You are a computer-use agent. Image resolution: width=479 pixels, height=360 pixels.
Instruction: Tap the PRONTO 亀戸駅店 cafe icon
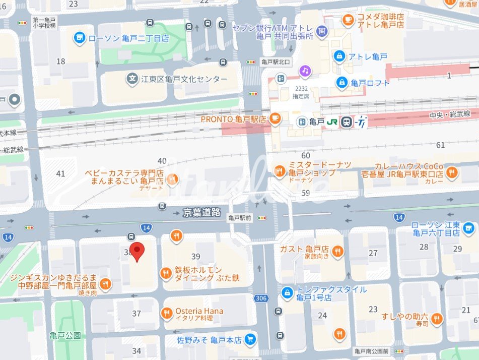coord(275,118)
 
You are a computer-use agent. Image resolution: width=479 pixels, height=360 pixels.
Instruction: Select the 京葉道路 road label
coord(202,213)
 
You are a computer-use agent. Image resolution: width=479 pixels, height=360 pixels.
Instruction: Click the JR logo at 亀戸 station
coord(332,122)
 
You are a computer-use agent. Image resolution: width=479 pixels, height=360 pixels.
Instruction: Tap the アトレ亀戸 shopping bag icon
coord(339,55)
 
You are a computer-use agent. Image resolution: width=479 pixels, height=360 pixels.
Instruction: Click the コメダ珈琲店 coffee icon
coord(348,20)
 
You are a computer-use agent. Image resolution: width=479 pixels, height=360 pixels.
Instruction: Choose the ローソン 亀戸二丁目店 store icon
coord(79,37)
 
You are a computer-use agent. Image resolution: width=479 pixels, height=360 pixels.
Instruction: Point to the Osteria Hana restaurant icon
coord(167,314)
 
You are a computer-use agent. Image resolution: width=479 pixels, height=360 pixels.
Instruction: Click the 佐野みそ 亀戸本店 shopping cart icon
coord(249,340)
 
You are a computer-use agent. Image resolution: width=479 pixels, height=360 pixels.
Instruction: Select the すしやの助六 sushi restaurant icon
coord(436,318)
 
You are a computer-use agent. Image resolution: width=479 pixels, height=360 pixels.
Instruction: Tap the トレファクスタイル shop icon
coord(288,292)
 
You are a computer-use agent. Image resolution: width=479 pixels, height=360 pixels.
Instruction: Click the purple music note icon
coord(305,71)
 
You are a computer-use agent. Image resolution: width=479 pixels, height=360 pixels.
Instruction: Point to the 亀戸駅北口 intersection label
coord(277,62)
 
